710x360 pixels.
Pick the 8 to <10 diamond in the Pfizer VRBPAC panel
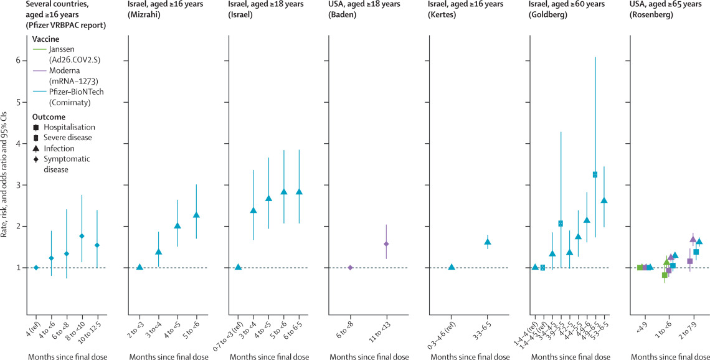click(82, 236)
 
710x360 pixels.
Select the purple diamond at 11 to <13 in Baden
click(386, 244)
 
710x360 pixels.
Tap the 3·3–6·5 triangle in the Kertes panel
click(488, 242)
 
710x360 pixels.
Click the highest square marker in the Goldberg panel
click(595, 174)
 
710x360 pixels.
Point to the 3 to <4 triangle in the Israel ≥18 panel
click(253, 211)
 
